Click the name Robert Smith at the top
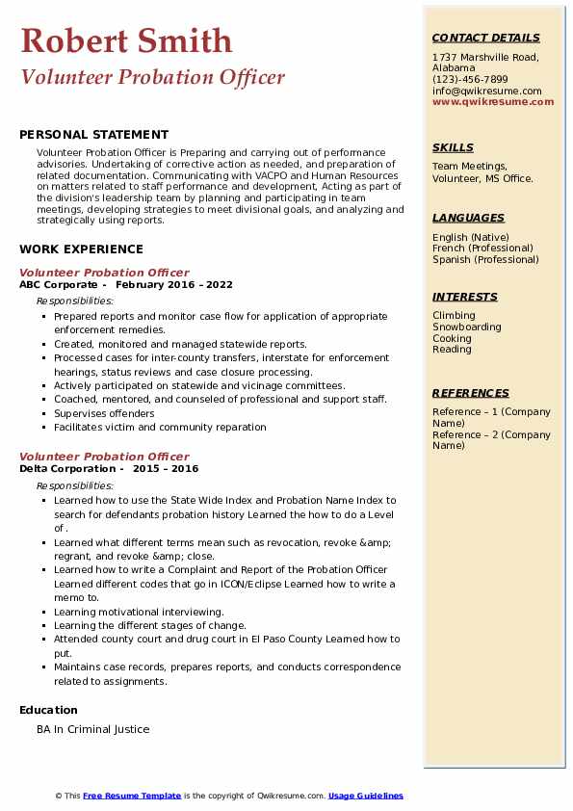coord(126,40)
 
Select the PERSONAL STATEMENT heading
coord(93,135)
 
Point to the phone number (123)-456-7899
coord(470,80)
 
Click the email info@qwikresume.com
coord(486,91)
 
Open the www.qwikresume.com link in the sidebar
coord(493,101)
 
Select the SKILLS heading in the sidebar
coord(453,147)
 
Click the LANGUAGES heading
coord(468,218)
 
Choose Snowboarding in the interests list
coord(466,327)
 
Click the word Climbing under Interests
coord(454,315)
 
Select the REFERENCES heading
coord(471,393)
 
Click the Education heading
coord(49,711)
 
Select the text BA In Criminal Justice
coord(93,729)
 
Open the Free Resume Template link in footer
coord(132,796)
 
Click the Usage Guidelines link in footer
coord(366,796)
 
